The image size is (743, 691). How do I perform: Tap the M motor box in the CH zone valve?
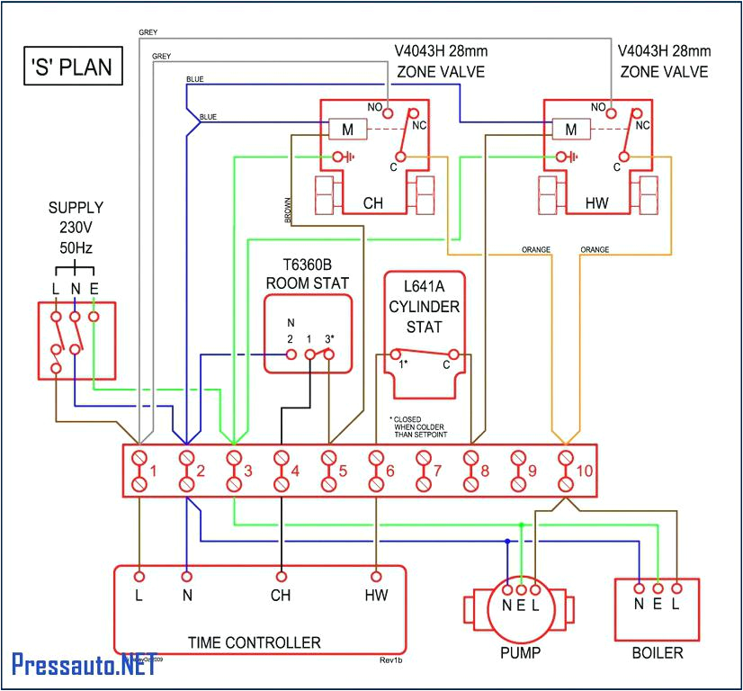[x=345, y=130]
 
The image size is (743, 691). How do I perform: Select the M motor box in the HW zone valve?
[x=570, y=130]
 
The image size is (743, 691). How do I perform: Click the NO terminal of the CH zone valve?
[x=389, y=112]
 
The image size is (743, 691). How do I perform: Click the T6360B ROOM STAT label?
[x=307, y=274]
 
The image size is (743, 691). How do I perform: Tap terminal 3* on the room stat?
[x=329, y=354]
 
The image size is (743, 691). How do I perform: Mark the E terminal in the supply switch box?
[x=94, y=316]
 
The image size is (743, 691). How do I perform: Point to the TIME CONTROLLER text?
[x=254, y=642]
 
